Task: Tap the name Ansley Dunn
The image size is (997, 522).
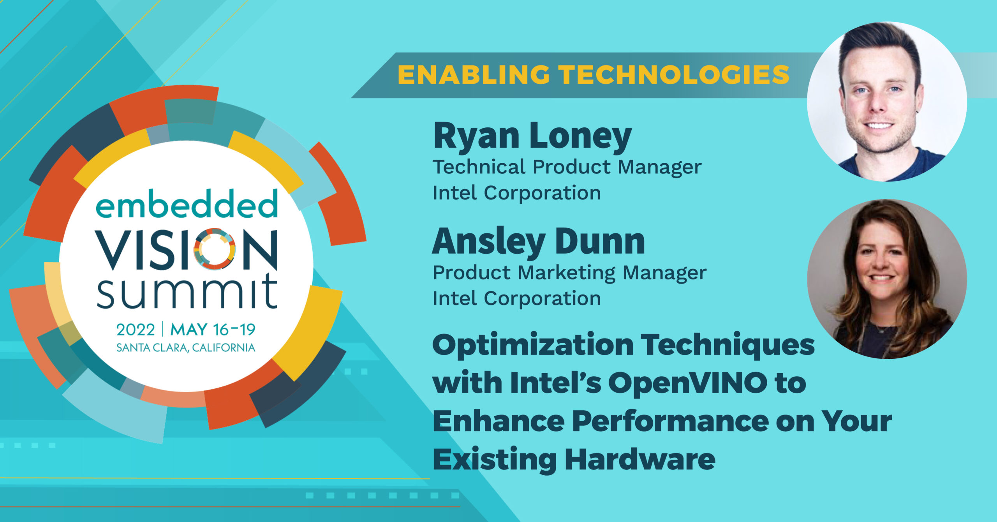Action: [x=539, y=242]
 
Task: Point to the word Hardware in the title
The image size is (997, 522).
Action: [x=640, y=460]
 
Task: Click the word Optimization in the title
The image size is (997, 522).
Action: [x=533, y=346]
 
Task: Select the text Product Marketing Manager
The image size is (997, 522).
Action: [x=569, y=273]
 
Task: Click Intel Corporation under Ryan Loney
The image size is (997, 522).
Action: [x=517, y=193]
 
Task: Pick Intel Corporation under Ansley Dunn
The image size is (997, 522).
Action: [x=517, y=298]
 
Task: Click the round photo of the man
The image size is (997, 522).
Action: [x=887, y=101]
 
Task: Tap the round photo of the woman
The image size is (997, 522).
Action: [x=887, y=279]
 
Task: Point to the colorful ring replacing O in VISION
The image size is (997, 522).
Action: [x=215, y=249]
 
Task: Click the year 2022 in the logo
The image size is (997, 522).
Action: [x=136, y=330]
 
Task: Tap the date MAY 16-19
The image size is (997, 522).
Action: [x=213, y=330]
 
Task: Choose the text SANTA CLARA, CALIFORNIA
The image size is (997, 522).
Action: [x=186, y=347]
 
